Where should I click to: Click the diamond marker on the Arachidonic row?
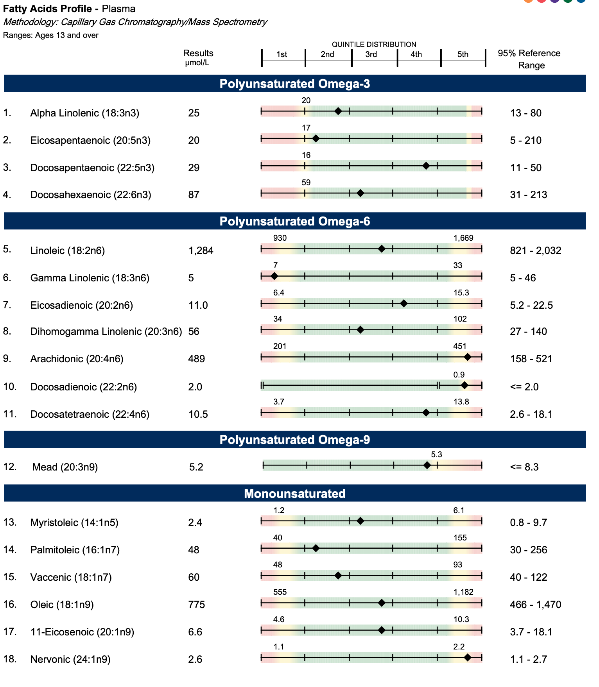tap(467, 357)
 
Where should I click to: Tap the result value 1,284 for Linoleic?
tap(201, 250)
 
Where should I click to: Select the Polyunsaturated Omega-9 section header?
tap(294, 440)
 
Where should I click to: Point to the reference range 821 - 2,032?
tap(535, 250)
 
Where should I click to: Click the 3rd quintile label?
tap(371, 54)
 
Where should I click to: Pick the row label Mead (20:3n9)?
tap(65, 467)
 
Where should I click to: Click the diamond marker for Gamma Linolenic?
tap(274, 276)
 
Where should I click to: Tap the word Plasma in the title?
tap(118, 9)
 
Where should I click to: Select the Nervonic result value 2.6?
tap(195, 659)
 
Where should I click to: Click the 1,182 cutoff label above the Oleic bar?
tap(463, 592)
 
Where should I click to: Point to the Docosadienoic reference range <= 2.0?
tap(524, 387)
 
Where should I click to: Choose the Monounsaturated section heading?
tap(294, 494)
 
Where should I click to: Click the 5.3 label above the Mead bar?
tap(436, 454)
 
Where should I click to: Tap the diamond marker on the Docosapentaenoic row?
tap(426, 166)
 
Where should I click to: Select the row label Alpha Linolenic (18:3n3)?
tap(84, 113)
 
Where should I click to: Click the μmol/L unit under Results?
tap(197, 63)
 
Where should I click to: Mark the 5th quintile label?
tap(463, 54)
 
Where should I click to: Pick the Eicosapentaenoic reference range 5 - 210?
tap(525, 140)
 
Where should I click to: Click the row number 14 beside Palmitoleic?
tap(10, 549)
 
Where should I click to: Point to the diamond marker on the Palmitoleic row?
tap(316, 548)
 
